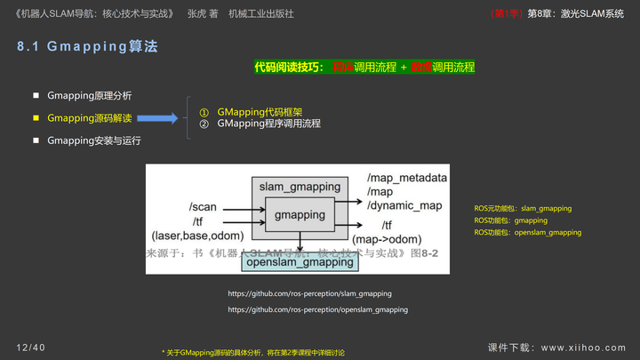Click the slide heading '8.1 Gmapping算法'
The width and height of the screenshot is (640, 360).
point(87,47)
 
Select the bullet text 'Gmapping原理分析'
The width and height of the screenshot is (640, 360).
point(89,95)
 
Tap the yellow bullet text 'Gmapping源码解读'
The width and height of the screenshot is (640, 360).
point(89,117)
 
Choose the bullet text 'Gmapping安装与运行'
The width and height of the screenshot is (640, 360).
point(93,140)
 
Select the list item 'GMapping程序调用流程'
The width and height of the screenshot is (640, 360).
point(268,124)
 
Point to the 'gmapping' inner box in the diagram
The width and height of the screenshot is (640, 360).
point(300,215)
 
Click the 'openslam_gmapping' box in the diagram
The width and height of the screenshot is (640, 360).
point(300,262)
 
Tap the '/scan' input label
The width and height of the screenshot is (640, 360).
point(203,207)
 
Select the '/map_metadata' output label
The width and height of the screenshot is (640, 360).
point(406,178)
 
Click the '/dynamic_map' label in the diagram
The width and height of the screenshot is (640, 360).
point(404,205)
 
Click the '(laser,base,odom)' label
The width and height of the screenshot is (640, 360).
point(197,235)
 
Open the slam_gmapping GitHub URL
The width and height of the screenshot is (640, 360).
point(309,293)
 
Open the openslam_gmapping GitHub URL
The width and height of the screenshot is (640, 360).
point(317,309)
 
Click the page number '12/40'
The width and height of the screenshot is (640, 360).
point(30,347)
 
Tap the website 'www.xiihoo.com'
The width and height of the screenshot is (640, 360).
point(583,348)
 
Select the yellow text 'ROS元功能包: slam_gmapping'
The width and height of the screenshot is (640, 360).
point(523,209)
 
